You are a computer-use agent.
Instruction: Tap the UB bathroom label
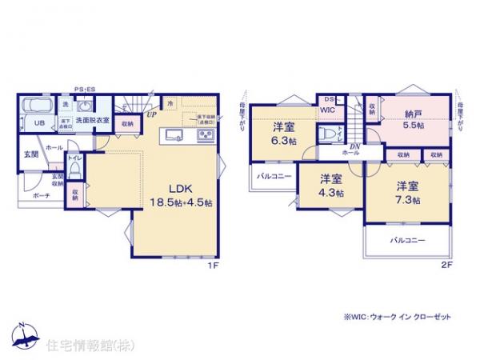(38, 123)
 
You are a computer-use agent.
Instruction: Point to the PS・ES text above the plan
(85, 89)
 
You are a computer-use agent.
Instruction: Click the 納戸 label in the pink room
(412, 113)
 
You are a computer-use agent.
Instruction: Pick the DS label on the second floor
(328, 99)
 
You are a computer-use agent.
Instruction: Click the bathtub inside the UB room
(36, 105)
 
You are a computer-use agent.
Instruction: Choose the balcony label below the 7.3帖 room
(407, 240)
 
